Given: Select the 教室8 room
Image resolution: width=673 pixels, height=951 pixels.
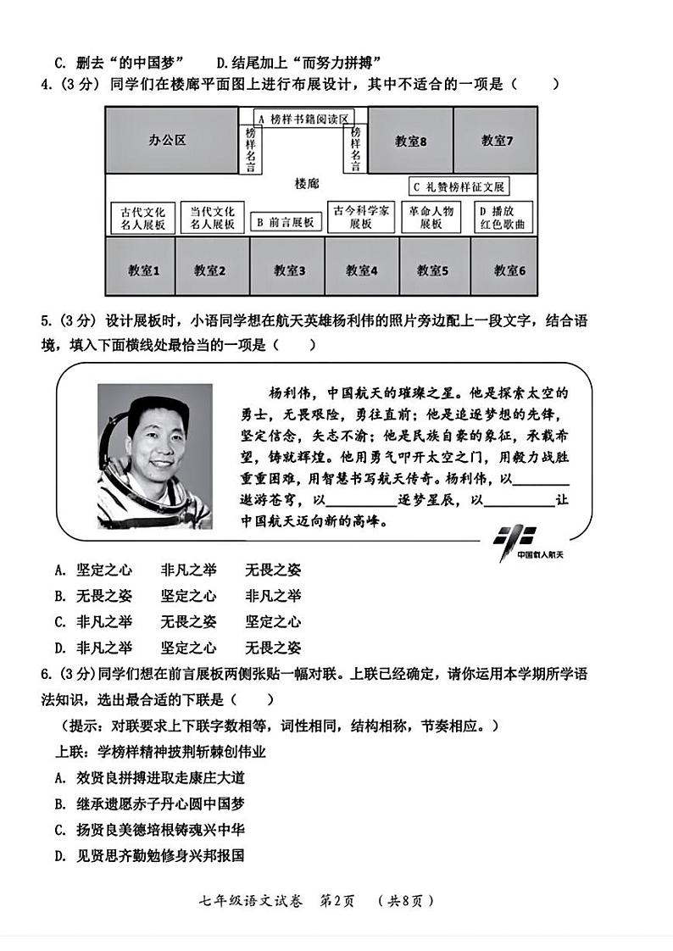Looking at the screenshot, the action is point(410,141).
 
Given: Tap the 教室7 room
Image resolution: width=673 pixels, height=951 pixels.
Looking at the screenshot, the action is point(496,141).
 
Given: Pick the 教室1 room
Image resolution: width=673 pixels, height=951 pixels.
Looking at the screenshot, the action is point(140,270).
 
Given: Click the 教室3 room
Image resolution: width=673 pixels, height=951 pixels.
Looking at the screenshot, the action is point(288,270).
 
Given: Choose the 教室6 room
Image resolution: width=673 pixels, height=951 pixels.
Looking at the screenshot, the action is point(509,270).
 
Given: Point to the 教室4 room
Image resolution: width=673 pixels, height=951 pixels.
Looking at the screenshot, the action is point(361,270).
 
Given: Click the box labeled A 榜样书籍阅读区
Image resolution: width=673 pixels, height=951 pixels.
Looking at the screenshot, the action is point(303,119).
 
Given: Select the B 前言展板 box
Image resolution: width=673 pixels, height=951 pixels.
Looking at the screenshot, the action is point(286,222).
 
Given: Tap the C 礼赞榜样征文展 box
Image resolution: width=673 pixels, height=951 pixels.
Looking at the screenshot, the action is point(459,186).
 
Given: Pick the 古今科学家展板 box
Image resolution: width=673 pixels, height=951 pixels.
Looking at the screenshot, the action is point(361,218).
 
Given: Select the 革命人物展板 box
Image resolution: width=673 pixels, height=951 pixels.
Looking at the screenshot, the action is point(431,218).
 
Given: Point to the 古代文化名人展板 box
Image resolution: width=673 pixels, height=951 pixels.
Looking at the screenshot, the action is point(142,218).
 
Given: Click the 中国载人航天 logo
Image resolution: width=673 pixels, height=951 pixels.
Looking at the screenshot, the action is point(520,542).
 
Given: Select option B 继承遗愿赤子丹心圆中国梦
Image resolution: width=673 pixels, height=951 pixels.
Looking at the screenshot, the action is point(149,804).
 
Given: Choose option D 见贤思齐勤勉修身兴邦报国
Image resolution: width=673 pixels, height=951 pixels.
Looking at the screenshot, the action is point(149,856).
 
